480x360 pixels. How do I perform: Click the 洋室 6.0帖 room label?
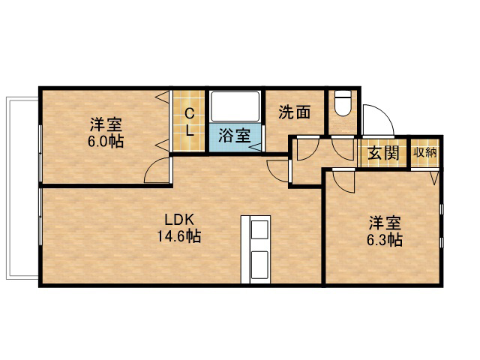pyautogui.click(x=106, y=133)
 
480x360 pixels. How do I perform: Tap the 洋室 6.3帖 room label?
pyautogui.click(x=385, y=232)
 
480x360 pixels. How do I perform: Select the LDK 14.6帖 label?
pyautogui.click(x=179, y=228)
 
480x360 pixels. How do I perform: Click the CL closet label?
pyautogui.click(x=190, y=122)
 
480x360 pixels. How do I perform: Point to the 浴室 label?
pyautogui.click(x=235, y=135)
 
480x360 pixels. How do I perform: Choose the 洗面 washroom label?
pyautogui.click(x=295, y=112)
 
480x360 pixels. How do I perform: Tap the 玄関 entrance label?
pyautogui.click(x=383, y=153)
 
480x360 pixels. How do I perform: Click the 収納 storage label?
pyautogui.click(x=425, y=152)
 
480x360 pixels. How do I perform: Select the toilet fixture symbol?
pyautogui.click(x=343, y=103)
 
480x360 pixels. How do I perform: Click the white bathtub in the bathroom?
pyautogui.click(x=235, y=106)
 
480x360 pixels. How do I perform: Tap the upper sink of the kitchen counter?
pyautogui.click(x=260, y=229)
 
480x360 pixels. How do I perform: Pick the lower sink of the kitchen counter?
pyautogui.click(x=260, y=265)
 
